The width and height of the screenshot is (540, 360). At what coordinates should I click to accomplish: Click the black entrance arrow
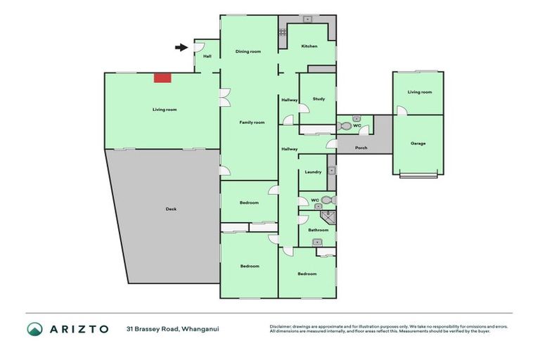(181, 48)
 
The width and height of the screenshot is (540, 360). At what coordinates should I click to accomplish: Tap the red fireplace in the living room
(162, 77)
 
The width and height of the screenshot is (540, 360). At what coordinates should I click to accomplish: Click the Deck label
(171, 209)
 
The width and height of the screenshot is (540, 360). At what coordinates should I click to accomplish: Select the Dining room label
(248, 51)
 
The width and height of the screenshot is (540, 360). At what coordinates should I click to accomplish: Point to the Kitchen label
(309, 46)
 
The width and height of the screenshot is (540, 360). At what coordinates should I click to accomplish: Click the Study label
(319, 99)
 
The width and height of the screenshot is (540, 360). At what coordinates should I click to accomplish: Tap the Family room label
(252, 122)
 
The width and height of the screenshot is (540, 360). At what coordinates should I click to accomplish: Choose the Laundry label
(314, 172)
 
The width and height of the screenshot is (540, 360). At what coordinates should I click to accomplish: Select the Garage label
(418, 143)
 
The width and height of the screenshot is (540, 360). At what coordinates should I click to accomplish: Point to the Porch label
(361, 148)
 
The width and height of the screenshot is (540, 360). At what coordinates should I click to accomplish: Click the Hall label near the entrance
(207, 56)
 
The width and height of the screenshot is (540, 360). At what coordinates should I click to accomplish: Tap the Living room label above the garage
(420, 92)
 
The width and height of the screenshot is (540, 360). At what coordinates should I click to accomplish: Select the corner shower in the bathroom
(331, 217)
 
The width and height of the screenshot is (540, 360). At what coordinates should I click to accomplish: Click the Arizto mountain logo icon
(35, 328)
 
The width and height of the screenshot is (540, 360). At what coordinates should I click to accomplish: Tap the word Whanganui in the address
(200, 328)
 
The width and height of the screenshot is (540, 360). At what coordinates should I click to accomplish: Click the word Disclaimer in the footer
(283, 326)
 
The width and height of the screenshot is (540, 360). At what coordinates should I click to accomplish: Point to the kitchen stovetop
(283, 32)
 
